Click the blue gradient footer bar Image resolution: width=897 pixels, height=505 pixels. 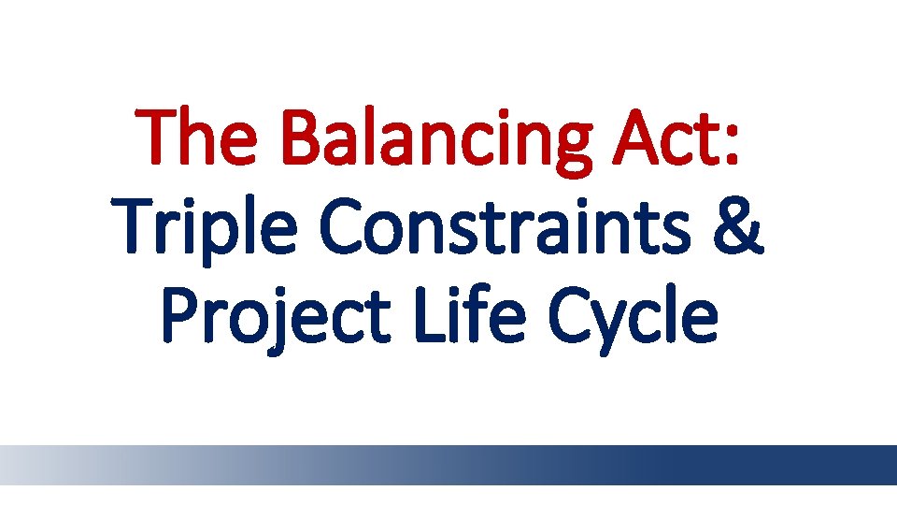tap(448, 465)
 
